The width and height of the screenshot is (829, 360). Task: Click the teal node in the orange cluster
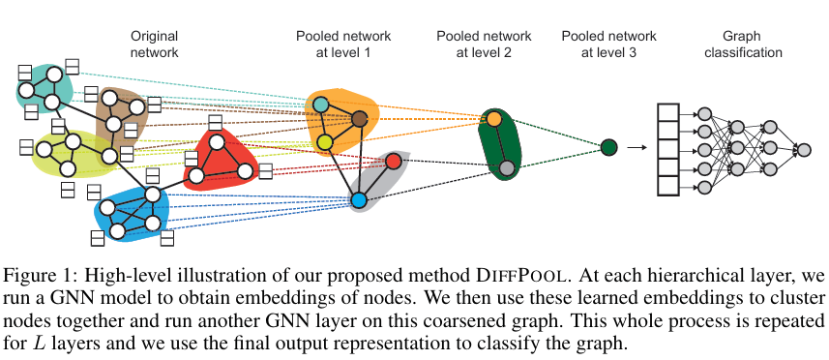point(321,104)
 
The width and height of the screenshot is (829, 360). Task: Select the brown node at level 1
point(359,119)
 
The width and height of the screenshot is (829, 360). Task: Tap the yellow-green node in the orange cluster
point(325,143)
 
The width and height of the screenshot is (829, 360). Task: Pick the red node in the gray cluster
point(394,161)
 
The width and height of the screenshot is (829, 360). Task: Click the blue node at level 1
point(359,200)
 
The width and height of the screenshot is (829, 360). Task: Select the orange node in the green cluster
point(493,118)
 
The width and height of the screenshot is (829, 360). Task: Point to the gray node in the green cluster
point(506,168)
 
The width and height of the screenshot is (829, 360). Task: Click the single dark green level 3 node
point(608,147)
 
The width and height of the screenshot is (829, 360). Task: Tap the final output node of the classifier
point(802,149)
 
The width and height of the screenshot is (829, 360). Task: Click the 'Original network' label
point(154,44)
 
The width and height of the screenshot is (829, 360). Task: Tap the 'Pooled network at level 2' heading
point(474,44)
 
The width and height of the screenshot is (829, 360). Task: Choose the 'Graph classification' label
point(740,44)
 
